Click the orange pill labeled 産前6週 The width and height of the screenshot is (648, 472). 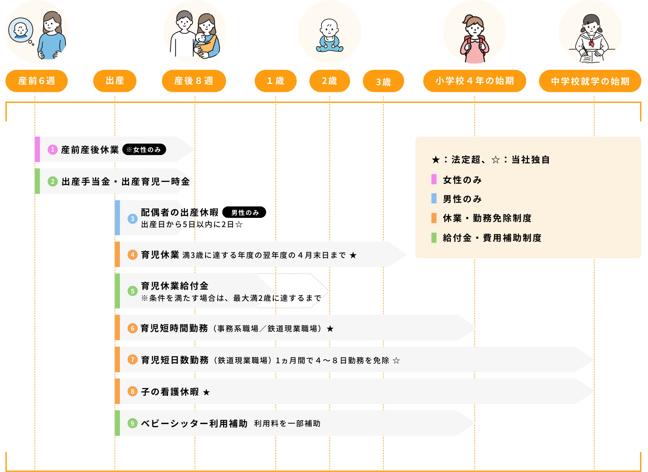tap(37, 81)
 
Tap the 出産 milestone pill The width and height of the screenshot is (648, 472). tap(115, 81)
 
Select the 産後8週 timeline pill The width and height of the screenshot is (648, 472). tap(194, 81)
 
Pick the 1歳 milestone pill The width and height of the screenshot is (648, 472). tap(276, 81)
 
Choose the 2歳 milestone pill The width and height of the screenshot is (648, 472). tap(330, 81)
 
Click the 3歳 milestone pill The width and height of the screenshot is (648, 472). tap(383, 81)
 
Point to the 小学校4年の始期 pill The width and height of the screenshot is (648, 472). tap(475, 81)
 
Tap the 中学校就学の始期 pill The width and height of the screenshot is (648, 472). tap(590, 81)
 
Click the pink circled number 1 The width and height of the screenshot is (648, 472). tap(53, 149)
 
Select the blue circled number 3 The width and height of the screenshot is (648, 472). tap(133, 219)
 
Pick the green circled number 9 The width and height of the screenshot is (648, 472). tap(133, 423)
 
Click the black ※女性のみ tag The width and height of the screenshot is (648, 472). tap(144, 149)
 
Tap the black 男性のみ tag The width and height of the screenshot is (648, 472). tap(244, 212)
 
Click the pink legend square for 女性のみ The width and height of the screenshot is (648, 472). tap(434, 179)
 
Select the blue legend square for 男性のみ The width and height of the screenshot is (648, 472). tap(434, 198)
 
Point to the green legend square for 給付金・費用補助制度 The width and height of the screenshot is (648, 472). tap(434, 238)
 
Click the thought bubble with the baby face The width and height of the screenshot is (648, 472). tap(21, 30)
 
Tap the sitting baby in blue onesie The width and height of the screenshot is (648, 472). tap(329, 36)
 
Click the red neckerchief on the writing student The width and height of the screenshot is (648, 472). tap(591, 43)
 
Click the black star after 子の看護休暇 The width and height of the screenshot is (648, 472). tap(206, 392)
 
